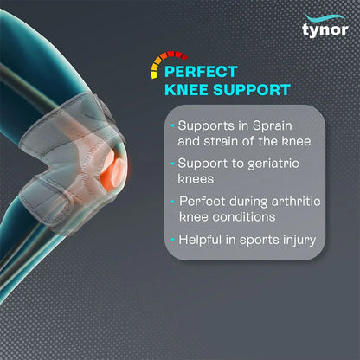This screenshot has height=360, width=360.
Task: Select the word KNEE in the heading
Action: tap(188, 90)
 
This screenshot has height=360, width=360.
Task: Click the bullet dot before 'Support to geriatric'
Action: tap(173, 162)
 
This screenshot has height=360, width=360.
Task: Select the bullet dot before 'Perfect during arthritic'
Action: tap(173, 200)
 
